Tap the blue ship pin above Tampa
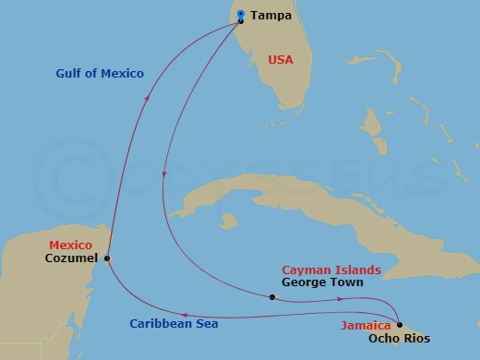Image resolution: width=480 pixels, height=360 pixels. (240, 13)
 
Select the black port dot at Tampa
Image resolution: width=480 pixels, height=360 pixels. (240, 21)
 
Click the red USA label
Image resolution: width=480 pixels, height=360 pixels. (281, 59)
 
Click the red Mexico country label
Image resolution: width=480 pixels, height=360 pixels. (71, 245)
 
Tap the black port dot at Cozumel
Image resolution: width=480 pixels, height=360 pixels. (108, 258)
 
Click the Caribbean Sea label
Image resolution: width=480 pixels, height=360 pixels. (174, 324)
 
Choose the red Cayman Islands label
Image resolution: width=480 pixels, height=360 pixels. (330, 270)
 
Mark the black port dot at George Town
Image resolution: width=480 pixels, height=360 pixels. (271, 297)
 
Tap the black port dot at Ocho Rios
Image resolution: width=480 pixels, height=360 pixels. (399, 324)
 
